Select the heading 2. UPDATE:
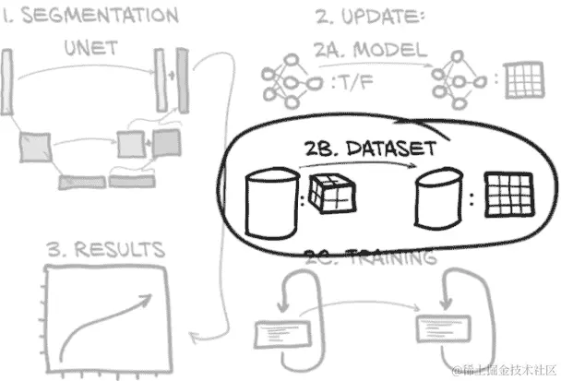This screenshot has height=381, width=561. pos(369,17)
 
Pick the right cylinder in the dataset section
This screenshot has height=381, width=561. pos(437,197)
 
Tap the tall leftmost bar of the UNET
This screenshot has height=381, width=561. pos(8,84)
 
